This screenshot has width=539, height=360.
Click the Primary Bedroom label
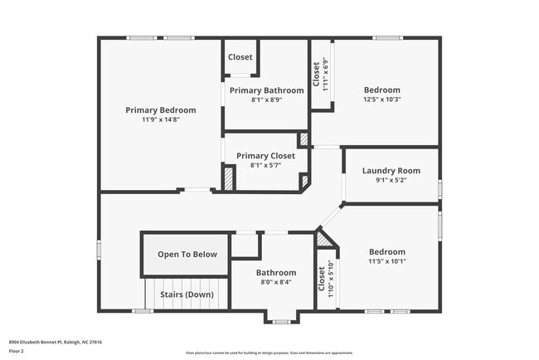(161, 109)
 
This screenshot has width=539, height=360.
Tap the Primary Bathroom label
(266, 90)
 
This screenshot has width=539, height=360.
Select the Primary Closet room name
(265, 156)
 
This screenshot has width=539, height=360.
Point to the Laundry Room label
(391, 171)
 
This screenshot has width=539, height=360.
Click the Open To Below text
(187, 255)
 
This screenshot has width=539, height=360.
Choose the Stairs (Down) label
(187, 294)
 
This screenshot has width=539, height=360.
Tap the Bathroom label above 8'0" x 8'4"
(275, 272)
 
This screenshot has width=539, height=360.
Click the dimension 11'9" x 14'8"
(161, 119)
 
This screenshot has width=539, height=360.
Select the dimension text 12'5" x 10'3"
(382, 100)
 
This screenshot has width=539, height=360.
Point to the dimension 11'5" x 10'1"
(387, 261)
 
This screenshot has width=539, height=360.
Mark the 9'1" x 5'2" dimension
(391, 180)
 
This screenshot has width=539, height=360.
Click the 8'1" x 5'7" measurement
(265, 165)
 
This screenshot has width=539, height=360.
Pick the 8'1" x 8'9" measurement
(266, 100)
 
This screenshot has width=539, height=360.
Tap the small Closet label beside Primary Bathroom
(240, 57)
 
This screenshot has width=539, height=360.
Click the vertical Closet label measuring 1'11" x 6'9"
(317, 74)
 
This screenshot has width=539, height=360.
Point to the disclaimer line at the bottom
(269, 353)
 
